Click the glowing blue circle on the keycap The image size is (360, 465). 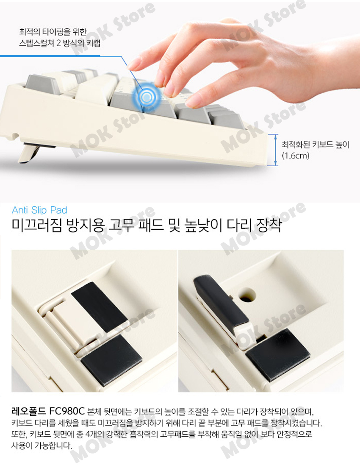pos(146,97)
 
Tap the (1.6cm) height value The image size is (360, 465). pos(296,156)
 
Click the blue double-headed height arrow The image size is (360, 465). pos(276,150)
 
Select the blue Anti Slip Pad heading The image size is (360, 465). pos(39,210)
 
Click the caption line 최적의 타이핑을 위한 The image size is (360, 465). pos(53,31)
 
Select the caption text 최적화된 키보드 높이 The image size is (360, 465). pos(316,145)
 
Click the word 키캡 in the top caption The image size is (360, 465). pos(93,43)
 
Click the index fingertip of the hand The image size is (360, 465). pos(133,64)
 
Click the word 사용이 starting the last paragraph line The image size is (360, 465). pos(22,445)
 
